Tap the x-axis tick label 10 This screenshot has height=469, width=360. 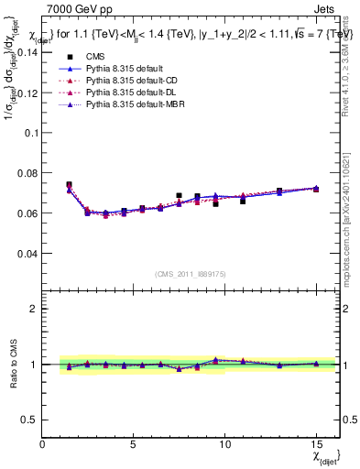click(224, 444)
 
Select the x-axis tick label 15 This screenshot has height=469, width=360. click(316, 444)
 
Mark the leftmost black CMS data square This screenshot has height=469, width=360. click(69, 185)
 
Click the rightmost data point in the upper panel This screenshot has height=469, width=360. click(316, 189)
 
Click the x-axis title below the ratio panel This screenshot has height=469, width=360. click(325, 455)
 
